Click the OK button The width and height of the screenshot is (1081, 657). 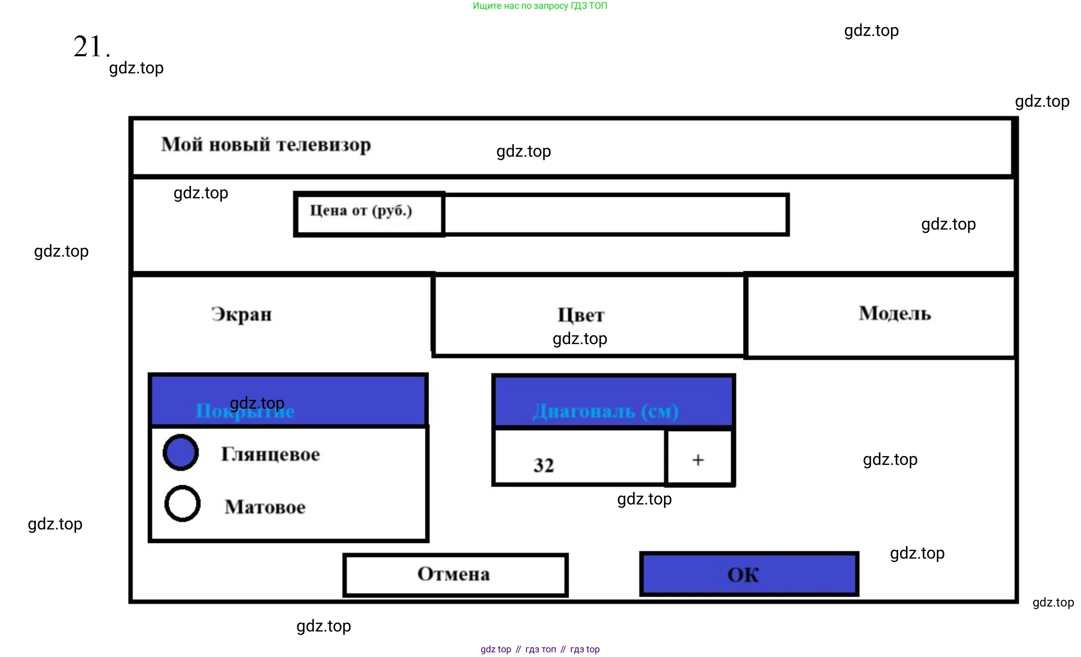point(749,574)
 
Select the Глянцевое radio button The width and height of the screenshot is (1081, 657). point(181,452)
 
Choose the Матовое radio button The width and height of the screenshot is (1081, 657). point(182,503)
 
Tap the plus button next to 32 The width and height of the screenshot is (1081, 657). point(698,459)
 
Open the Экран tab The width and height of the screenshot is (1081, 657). point(242,314)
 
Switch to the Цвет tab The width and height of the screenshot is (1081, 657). point(581,314)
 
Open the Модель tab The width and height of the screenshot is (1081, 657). point(895,313)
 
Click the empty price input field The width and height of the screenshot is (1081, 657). point(615,214)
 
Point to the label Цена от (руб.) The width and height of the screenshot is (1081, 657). point(361,211)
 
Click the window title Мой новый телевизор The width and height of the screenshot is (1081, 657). point(266,145)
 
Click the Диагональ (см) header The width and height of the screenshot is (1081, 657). point(605,411)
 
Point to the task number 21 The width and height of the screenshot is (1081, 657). point(90,47)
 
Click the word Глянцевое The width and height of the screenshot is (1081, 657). point(270,454)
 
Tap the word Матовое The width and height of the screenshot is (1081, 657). point(265,507)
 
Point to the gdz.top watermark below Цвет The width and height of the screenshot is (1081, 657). point(580,338)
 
